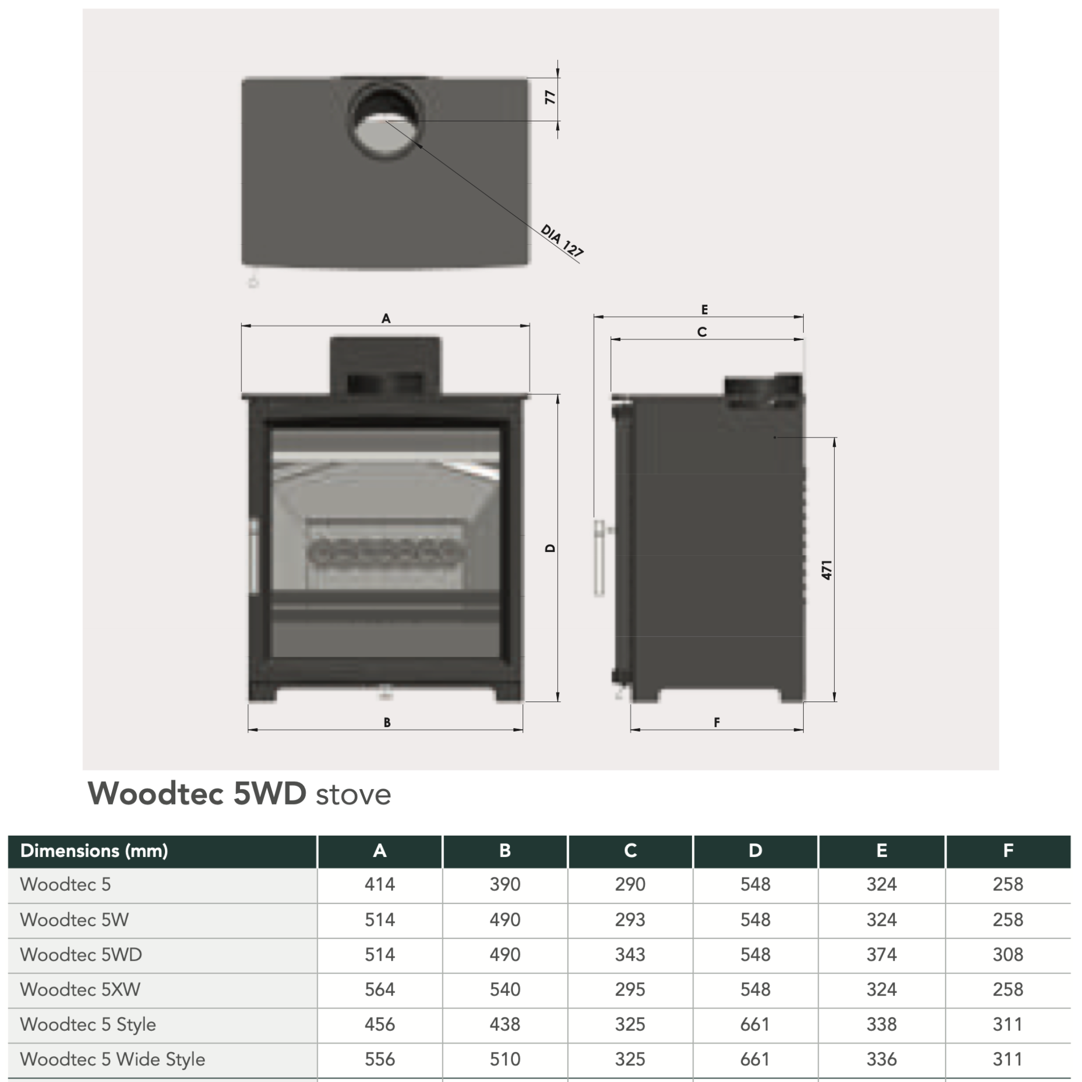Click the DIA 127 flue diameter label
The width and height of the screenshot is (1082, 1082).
click(x=562, y=240)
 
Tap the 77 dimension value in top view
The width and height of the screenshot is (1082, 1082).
click(x=550, y=97)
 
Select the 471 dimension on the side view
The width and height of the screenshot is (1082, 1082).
click(x=827, y=570)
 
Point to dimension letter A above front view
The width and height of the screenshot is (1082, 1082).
click(x=386, y=318)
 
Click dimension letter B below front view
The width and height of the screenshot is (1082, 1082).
click(x=387, y=722)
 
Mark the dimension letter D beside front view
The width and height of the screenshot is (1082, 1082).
click(x=550, y=548)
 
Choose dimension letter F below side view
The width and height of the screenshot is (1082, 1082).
click(x=717, y=722)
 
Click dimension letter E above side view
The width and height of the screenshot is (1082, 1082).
click(x=705, y=310)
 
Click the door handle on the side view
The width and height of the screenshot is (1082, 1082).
click(x=598, y=558)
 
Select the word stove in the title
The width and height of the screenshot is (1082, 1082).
click(x=353, y=795)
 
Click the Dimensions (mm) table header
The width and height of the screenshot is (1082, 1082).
click(x=94, y=851)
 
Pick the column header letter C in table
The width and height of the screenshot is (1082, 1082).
click(x=630, y=851)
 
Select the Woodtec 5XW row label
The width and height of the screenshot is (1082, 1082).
click(x=80, y=990)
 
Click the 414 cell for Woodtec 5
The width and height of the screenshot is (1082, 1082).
click(x=380, y=884)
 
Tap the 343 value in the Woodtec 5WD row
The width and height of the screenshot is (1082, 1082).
click(x=630, y=954)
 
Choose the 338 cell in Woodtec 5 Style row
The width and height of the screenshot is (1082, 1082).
click(x=882, y=1024)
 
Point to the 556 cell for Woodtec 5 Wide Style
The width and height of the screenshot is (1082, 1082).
click(x=380, y=1059)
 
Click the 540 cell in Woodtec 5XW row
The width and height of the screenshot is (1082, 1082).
click(x=504, y=990)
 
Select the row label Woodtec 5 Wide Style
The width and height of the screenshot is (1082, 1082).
click(x=113, y=1059)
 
